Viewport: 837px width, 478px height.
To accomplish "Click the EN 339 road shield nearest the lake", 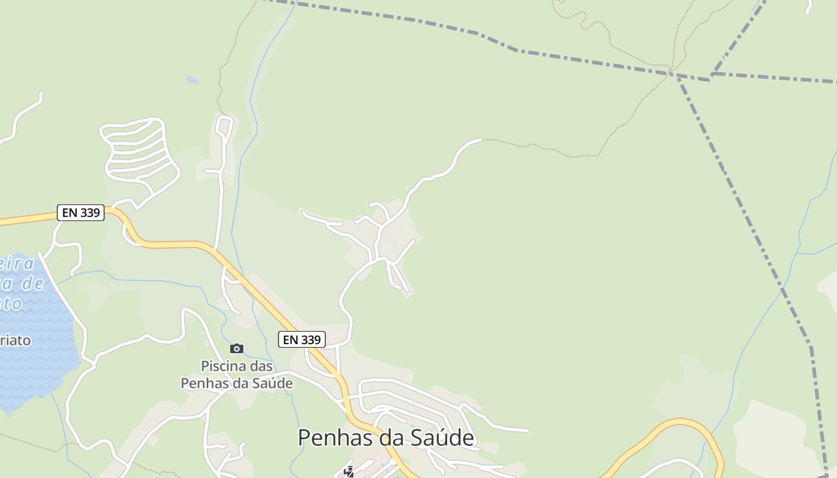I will pyautogui.click(x=81, y=213).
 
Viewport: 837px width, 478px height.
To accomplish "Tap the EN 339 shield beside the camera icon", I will pyautogui.click(x=302, y=339).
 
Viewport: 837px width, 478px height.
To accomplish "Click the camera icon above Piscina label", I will pyautogui.click(x=237, y=348).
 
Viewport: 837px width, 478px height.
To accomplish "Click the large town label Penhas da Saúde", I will pyautogui.click(x=386, y=437).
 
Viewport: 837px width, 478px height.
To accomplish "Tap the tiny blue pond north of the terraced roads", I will pyautogui.click(x=191, y=79).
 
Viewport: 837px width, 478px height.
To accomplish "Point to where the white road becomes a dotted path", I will pyautogui.click(x=481, y=140).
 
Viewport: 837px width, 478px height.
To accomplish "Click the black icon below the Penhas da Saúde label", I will pyautogui.click(x=349, y=471).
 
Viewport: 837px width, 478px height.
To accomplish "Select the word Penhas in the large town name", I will pyautogui.click(x=337, y=437).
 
